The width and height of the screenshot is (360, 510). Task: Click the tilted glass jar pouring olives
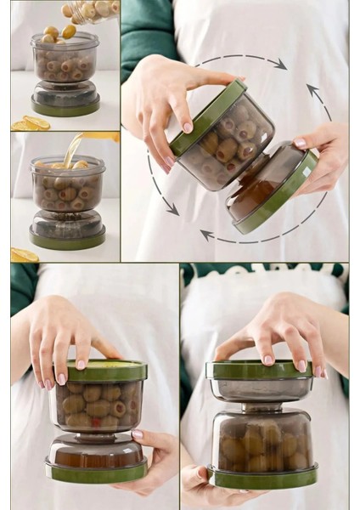[x=92, y=10]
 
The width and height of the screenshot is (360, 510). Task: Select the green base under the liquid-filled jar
[x=66, y=241]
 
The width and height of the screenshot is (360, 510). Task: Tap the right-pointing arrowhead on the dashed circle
[x=279, y=65]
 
